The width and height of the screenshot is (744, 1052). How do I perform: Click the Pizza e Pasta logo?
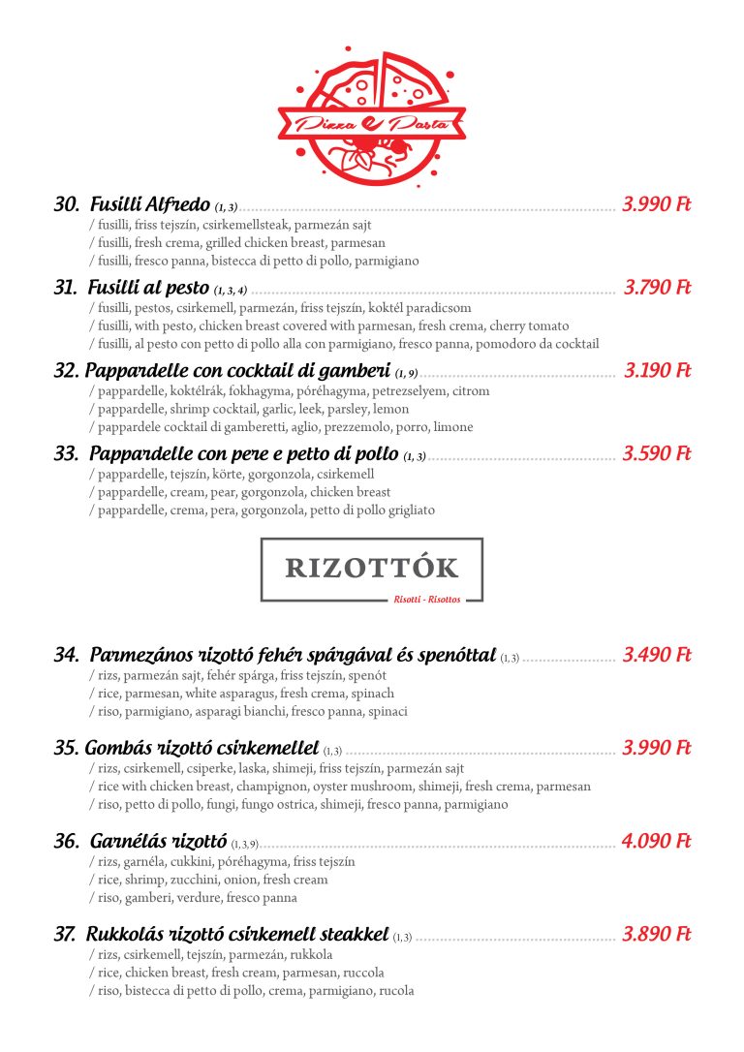coord(372,115)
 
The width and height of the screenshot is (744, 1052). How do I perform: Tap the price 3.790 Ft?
coord(657,288)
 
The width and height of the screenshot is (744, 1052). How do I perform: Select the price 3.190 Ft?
coord(657,371)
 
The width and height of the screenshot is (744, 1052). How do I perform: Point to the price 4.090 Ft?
coord(656,842)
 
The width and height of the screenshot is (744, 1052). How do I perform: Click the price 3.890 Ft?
coord(656,935)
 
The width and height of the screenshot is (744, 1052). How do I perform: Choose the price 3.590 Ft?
coord(656,454)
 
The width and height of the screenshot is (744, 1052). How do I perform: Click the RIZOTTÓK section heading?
coord(372,568)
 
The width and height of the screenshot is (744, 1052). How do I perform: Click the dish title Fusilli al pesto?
coord(148,288)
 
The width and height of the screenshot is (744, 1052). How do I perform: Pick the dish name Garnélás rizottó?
coord(158,842)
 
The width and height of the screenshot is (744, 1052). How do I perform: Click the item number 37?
coord(65,935)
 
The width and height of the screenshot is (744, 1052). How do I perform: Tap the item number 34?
coord(66,656)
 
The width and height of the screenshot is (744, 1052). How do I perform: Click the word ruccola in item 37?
coord(363,973)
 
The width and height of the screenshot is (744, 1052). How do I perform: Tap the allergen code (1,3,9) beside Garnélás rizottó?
coord(244,845)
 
